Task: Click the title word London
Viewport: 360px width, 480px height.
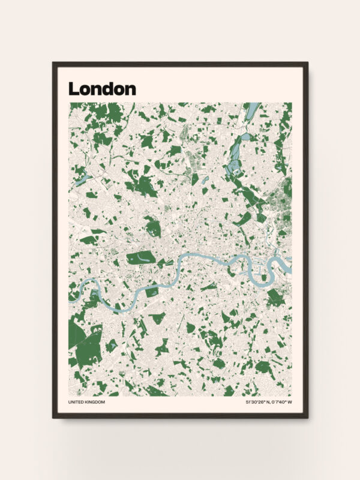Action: pos(102,89)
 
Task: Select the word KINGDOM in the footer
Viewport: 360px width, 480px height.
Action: pos(95,402)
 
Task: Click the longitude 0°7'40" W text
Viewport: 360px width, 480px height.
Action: pos(281,402)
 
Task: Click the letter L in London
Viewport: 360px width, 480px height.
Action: pos(73,89)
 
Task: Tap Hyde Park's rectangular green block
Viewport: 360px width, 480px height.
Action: pos(140,259)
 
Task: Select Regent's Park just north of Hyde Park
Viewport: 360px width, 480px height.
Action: pos(152,227)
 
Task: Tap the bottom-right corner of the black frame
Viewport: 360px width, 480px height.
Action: pos(307,417)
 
